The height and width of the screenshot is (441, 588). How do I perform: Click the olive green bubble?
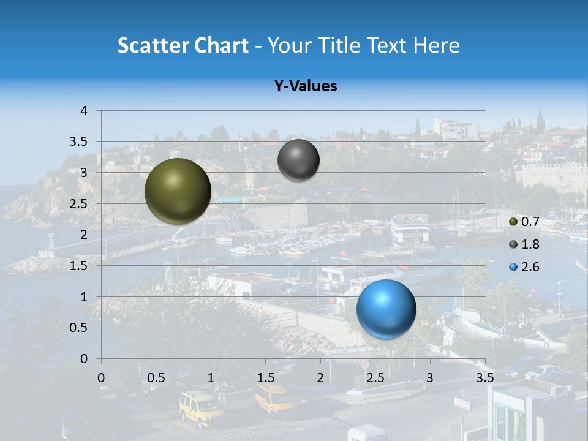178,191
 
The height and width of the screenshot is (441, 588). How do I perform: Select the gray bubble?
298,160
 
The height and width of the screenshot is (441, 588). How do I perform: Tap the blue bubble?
386,309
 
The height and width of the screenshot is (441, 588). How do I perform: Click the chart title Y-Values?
306,86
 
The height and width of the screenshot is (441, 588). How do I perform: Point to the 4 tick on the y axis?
84,111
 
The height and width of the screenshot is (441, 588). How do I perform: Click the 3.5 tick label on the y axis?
79,141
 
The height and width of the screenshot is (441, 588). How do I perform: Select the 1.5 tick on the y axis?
79,266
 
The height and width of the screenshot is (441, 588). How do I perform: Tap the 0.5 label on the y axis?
79,328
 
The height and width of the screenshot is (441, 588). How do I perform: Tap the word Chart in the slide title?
221,45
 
